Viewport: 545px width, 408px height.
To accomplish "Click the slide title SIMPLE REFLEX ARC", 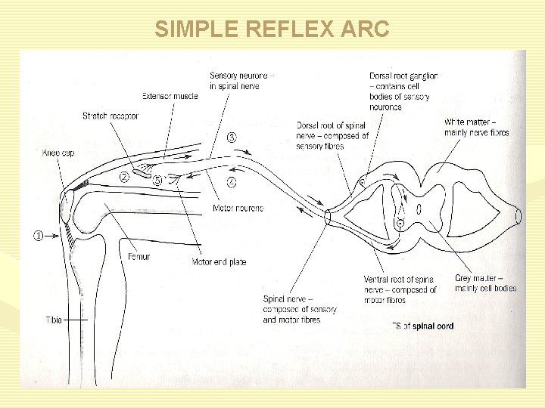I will [x=272, y=29].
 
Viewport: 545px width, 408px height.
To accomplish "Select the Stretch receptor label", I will [x=111, y=116].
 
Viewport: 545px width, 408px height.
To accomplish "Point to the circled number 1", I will [x=37, y=235].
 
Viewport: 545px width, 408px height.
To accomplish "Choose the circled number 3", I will [x=231, y=138].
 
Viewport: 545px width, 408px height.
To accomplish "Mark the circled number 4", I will [x=231, y=182].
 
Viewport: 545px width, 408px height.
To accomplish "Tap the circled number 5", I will [x=157, y=181].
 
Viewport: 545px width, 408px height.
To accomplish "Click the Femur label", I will [x=139, y=257].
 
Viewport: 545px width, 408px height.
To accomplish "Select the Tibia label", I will [x=52, y=320].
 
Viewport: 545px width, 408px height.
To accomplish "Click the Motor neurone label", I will [x=238, y=208].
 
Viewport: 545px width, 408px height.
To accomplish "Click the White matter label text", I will [x=477, y=127].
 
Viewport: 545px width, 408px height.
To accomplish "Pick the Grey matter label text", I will [x=484, y=283].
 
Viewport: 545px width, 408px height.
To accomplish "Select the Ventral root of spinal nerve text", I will [x=400, y=289].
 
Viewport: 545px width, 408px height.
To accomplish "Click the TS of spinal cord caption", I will [x=423, y=326].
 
